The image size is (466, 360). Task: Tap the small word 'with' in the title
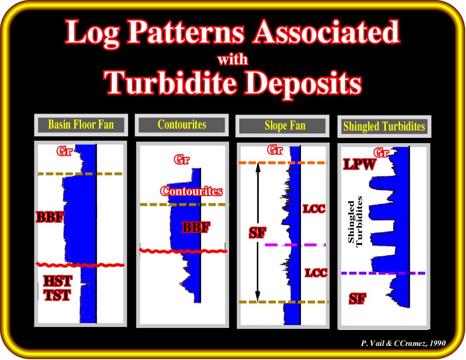click(x=233, y=59)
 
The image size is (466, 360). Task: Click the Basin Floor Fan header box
click(x=81, y=125)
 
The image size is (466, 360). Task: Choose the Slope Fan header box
click(x=283, y=126)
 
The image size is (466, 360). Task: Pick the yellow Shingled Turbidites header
click(x=384, y=127)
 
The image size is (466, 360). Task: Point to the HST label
click(x=58, y=281)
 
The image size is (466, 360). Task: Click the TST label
click(x=57, y=295)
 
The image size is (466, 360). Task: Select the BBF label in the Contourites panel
click(x=196, y=228)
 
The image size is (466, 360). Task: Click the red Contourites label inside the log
click(x=191, y=191)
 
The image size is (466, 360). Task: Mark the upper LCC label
click(x=314, y=209)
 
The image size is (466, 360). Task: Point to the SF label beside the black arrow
click(x=257, y=233)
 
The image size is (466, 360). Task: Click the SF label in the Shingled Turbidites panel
click(x=358, y=299)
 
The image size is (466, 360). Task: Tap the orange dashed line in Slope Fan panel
click(x=283, y=163)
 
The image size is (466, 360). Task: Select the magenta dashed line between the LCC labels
click(x=296, y=245)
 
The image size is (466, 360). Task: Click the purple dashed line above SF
click(x=383, y=273)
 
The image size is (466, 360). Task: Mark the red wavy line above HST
click(x=80, y=264)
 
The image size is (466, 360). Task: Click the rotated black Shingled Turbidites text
click(x=355, y=222)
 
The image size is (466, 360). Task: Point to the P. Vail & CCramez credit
click(x=403, y=344)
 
